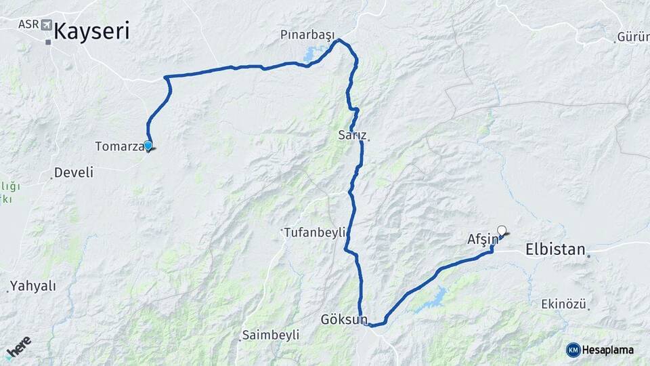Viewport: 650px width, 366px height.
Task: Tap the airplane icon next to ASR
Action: tap(47, 25)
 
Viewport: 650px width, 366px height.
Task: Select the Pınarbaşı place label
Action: tap(307, 33)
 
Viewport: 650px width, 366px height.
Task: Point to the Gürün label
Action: tap(634, 37)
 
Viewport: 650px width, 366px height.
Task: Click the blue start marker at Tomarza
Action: tap(148, 144)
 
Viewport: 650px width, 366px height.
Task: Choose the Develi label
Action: tap(73, 173)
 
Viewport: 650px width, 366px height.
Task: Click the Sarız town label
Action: tap(351, 135)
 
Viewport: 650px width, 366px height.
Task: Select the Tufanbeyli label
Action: tap(313, 230)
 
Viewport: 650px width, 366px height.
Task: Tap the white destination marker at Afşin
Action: tap(502, 230)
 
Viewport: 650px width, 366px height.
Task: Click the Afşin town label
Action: tap(482, 239)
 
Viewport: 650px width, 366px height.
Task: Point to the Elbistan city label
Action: tap(555, 249)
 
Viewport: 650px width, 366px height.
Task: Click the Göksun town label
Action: tap(344, 319)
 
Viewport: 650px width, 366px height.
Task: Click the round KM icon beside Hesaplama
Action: tap(573, 350)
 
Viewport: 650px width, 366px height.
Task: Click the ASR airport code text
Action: tap(28, 24)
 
